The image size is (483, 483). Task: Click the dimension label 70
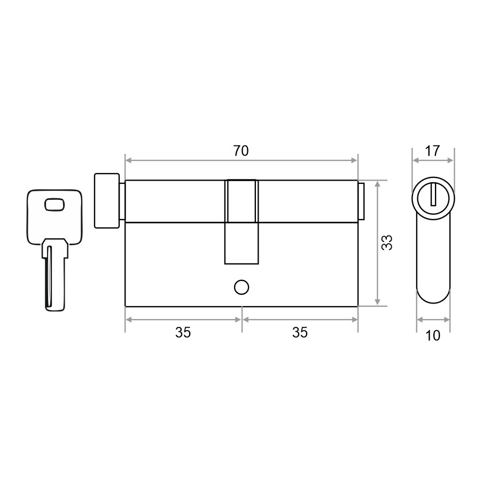point(240,151)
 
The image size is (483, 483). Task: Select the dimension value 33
point(387,243)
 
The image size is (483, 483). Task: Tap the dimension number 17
point(432,151)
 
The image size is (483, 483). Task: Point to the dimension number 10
point(433,336)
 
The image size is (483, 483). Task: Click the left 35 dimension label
point(183,333)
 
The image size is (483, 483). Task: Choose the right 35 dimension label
point(300,333)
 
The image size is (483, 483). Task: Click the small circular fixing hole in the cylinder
point(241,287)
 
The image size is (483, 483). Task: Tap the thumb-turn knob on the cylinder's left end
point(106,201)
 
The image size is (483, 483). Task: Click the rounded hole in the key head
point(55,205)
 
